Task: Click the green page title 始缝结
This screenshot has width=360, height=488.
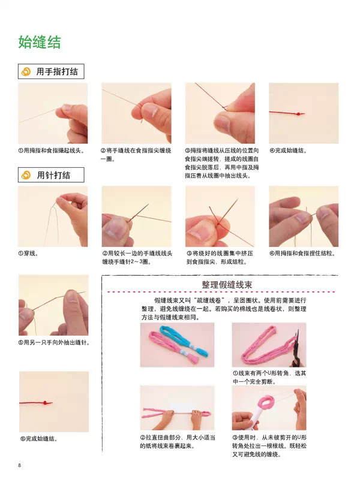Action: pos(39,42)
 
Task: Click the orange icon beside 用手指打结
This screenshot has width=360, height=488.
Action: pos(26,71)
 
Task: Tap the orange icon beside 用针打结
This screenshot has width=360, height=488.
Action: pos(26,175)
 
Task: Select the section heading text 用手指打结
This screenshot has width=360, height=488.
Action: pos(57,71)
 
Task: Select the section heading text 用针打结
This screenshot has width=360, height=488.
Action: pos(53,175)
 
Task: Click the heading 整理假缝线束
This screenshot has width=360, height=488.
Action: pos(227,284)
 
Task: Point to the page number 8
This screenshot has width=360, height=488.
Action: pos(19,465)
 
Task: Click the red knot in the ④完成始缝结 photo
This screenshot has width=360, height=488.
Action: pos(299,114)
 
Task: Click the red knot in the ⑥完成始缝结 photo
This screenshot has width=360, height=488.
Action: pos(46,403)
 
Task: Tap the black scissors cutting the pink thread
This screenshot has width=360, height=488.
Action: pos(295,348)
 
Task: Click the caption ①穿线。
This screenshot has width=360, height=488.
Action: pos(28,254)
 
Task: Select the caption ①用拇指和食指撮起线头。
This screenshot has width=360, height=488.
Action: pos(52,150)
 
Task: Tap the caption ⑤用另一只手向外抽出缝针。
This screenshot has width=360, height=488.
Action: pos(54,342)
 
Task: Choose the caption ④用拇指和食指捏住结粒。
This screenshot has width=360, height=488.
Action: pos(302,254)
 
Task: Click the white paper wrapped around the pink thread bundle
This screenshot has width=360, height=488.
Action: pos(183,408)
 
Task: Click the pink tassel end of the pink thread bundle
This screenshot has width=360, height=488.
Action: pos(194,357)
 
